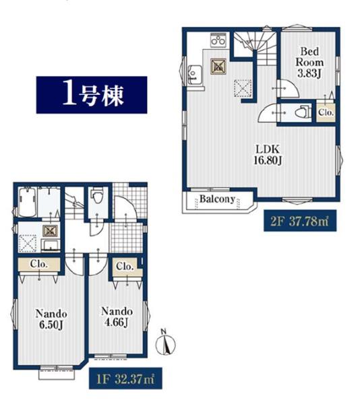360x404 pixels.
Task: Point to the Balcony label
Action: (216, 199)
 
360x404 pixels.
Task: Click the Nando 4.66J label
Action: (115, 316)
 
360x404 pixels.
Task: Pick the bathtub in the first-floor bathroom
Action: (27, 201)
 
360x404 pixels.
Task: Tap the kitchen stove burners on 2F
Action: (219, 44)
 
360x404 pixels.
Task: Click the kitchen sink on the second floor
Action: (193, 71)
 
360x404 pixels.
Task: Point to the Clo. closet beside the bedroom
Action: (325, 112)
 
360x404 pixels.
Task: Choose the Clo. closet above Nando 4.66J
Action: (125, 267)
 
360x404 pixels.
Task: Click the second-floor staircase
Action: (255, 50)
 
